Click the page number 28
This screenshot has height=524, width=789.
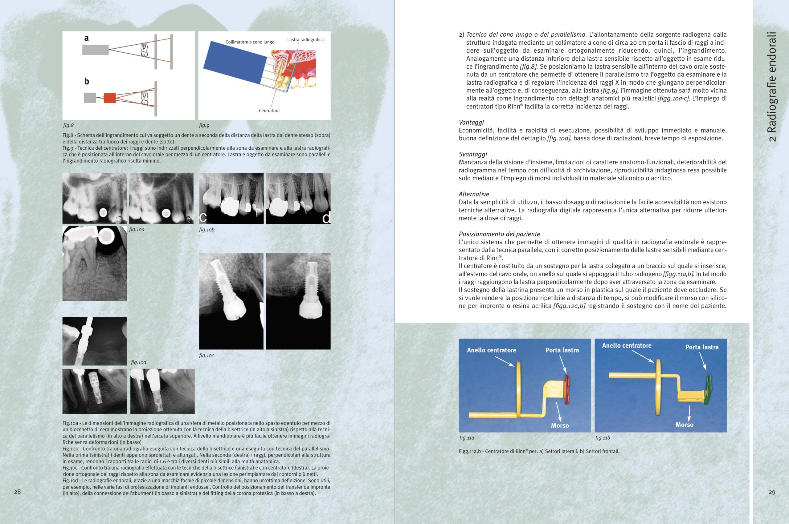point(17,492)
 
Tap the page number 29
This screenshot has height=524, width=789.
point(772,492)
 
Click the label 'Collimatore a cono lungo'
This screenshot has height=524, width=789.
point(250,42)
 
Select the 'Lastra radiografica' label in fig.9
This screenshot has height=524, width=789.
point(305,39)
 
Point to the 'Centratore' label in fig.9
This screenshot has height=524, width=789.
point(269,111)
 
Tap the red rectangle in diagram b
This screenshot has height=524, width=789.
point(110,98)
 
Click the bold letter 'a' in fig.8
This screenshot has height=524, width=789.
point(86,38)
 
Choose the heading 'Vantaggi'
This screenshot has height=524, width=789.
point(471,122)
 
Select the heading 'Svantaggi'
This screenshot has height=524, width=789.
point(473,154)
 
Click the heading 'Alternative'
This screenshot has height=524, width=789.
point(474,194)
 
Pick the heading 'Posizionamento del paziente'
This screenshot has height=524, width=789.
point(499,234)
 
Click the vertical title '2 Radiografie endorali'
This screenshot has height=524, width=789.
point(772,87)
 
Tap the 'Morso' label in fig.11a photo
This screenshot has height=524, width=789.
point(560,425)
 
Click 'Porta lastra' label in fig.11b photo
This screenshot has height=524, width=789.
point(702,347)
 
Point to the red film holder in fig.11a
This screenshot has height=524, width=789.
point(567,390)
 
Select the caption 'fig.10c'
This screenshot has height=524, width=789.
point(206,356)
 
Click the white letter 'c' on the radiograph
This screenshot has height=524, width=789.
point(203,218)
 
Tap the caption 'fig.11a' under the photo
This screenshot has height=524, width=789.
point(467,438)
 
